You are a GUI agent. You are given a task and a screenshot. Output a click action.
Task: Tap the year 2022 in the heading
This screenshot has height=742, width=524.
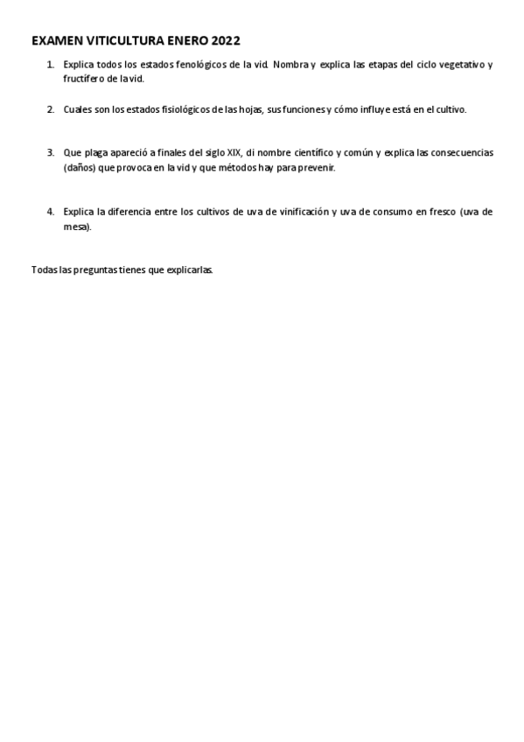point(226,40)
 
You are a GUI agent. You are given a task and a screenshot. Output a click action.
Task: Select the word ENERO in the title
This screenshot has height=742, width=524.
point(185,40)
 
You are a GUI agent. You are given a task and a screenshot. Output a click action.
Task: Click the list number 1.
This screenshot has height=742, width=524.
point(50,65)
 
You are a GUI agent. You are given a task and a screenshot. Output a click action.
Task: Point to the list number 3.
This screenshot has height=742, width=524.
point(50,152)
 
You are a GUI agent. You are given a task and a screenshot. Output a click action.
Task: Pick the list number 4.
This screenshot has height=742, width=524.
point(50,212)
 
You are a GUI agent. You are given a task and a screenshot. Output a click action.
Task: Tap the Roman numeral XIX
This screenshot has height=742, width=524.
point(234,152)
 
